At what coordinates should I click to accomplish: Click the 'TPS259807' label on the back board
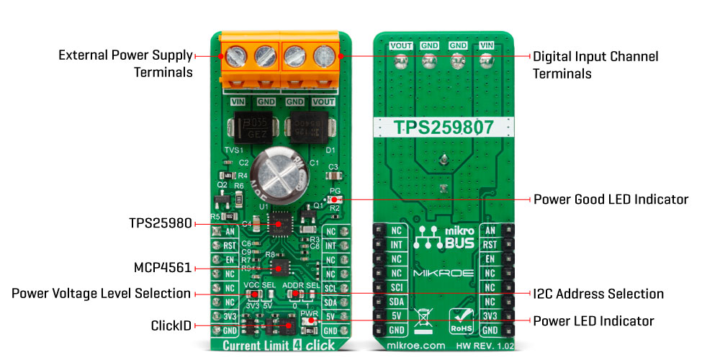[443, 128]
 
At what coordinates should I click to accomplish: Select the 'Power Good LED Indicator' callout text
[611, 199]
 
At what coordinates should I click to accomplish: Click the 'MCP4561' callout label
[163, 268]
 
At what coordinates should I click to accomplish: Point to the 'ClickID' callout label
[171, 326]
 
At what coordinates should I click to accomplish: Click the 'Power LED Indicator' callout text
[593, 320]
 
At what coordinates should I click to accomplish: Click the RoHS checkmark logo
[462, 320]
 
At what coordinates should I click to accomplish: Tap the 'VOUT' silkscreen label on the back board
[400, 45]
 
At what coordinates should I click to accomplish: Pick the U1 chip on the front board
[279, 225]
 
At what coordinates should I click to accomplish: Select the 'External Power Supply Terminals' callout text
[125, 63]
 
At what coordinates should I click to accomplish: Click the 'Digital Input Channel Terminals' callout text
[595, 64]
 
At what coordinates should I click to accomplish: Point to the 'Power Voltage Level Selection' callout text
[101, 294]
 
